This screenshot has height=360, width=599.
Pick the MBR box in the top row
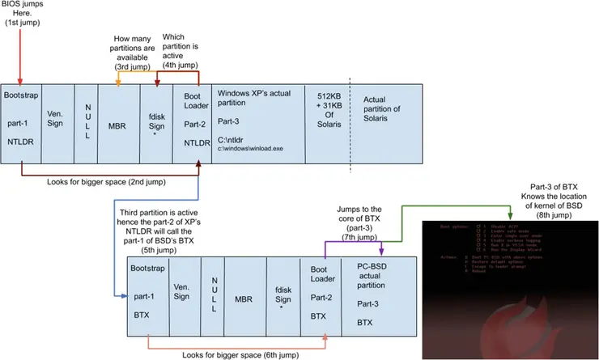click(117, 125)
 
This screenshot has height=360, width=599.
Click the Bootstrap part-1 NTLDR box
click(19, 125)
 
